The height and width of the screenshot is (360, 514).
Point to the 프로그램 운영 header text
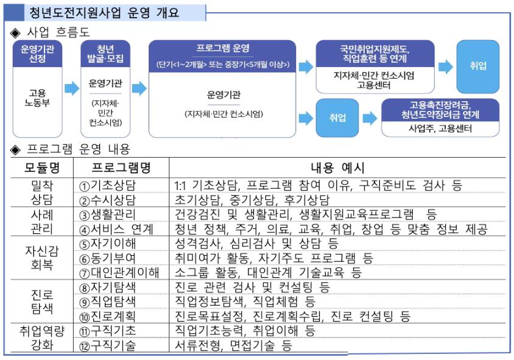click(222, 48)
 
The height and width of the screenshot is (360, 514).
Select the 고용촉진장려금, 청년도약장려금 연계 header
click(439, 110)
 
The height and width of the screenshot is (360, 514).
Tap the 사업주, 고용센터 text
click(439, 129)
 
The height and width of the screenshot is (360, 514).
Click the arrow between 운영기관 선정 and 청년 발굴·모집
click(72, 88)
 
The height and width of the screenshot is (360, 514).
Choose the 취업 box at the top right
click(477, 66)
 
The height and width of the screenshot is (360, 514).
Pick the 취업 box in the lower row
click(337, 118)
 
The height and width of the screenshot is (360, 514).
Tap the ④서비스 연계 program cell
click(116, 229)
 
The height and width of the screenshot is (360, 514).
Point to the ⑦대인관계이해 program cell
click(119, 272)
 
